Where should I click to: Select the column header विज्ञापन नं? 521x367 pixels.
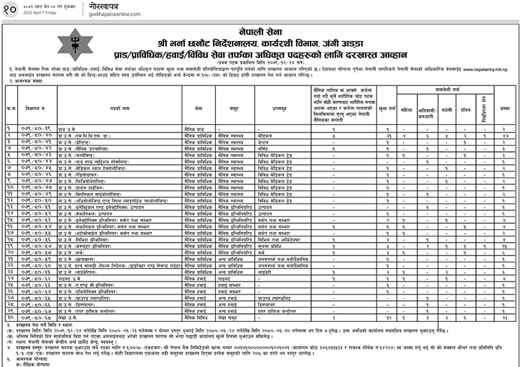tap(34, 108)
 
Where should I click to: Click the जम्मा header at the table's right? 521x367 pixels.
tap(503, 108)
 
